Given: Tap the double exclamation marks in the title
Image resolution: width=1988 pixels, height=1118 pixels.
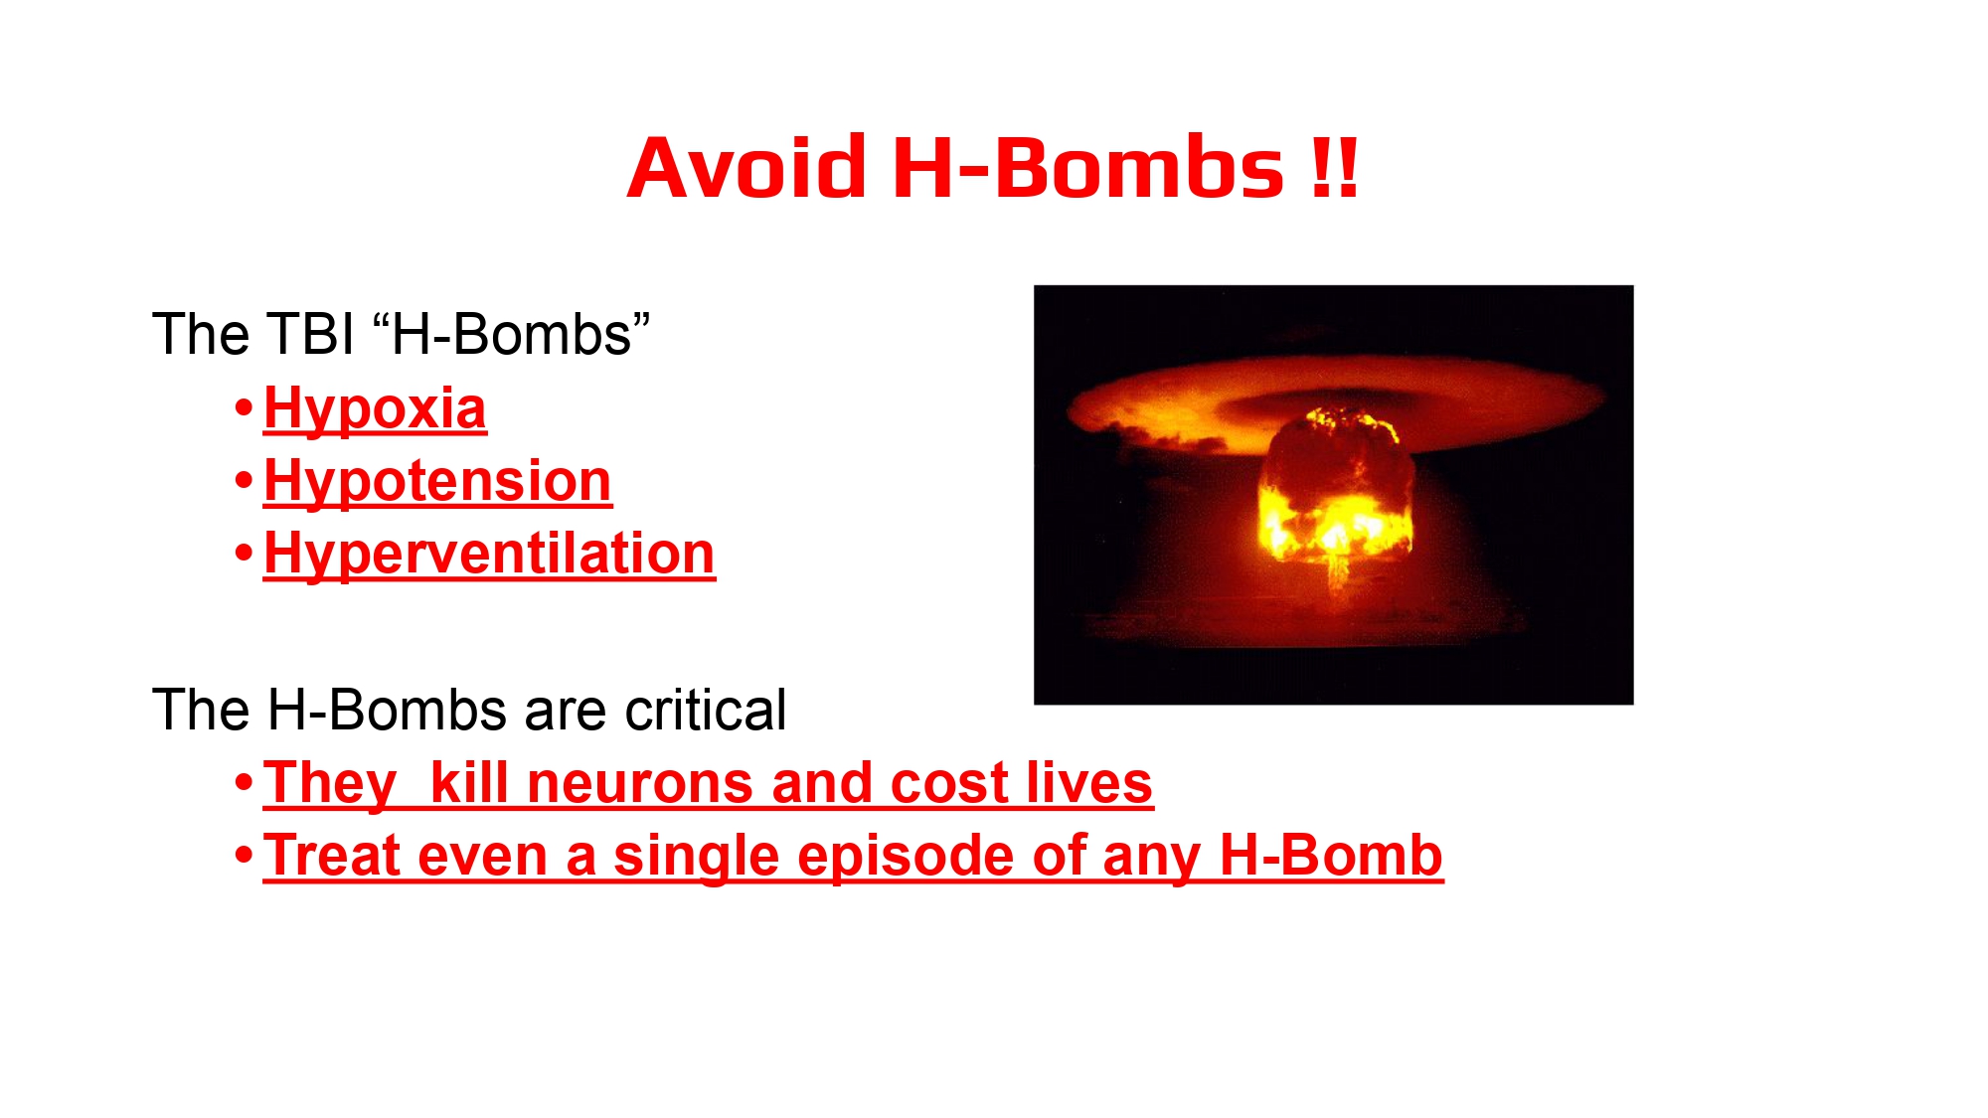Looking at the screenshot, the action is (1334, 167).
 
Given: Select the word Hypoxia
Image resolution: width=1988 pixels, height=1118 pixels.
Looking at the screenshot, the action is (375, 409).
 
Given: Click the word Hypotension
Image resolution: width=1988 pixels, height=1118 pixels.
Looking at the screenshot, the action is (437, 482).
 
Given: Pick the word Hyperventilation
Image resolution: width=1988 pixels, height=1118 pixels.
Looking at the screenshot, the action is (489, 554).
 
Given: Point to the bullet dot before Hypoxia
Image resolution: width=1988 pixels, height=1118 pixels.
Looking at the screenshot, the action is (244, 408).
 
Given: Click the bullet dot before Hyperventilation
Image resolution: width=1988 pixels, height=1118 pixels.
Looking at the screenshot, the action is (244, 554).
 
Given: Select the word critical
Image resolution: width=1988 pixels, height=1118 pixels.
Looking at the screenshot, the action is (705, 710).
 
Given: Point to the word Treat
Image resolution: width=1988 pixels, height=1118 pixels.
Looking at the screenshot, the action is (331, 856).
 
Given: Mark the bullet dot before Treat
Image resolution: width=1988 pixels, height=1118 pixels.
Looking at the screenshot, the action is (244, 855).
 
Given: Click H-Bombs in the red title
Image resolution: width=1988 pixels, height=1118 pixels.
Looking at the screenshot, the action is (1088, 167).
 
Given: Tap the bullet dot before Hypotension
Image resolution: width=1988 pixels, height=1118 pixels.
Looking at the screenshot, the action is (244, 481).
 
